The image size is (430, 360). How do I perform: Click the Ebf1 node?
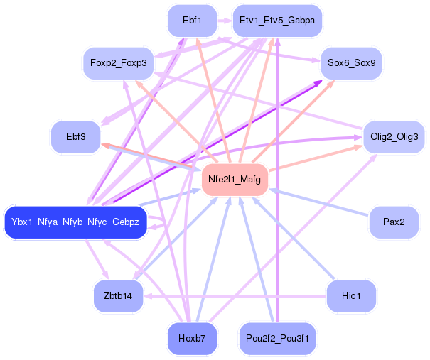coord(190,21)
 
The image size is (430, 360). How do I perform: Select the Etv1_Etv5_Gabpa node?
coord(277,21)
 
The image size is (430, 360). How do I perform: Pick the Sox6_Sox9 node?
coord(352,63)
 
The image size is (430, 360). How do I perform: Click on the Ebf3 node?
coord(75,136)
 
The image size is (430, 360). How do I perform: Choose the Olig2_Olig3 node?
coord(394,136)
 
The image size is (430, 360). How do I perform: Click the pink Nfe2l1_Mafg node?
coord(235,180)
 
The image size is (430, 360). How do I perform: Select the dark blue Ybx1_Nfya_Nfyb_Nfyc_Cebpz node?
coord(75,223)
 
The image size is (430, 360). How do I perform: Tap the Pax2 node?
coord(394,223)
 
